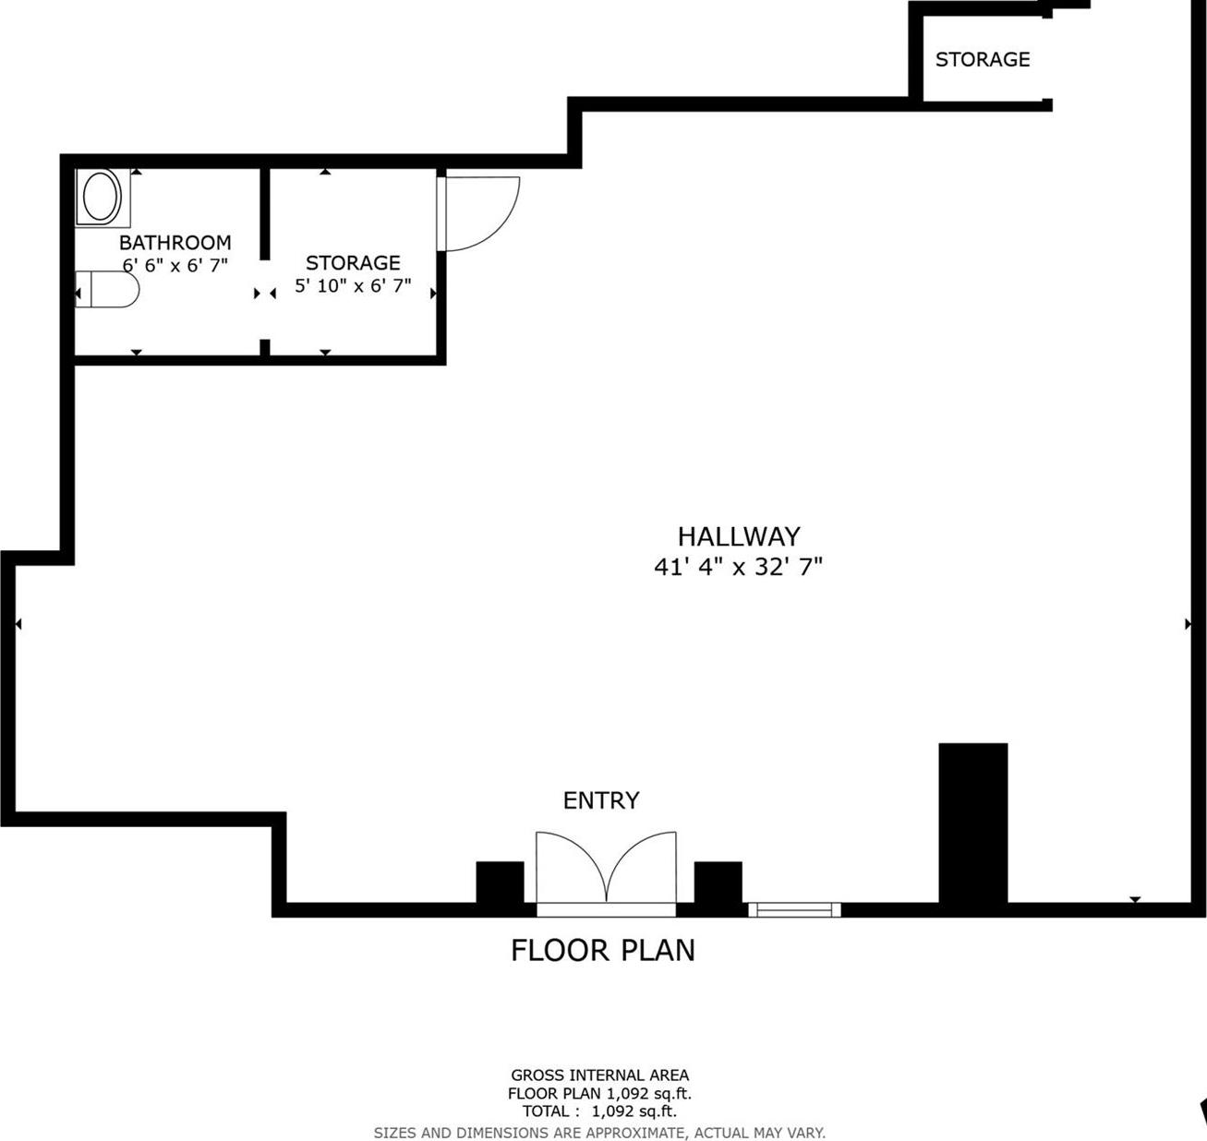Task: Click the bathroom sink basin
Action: click(x=102, y=197)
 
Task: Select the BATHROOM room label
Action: click(x=175, y=243)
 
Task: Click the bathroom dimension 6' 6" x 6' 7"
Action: click(x=175, y=265)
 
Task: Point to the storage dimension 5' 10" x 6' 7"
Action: click(x=353, y=286)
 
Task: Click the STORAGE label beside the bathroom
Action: click(x=353, y=263)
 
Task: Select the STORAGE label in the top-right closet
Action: click(x=982, y=60)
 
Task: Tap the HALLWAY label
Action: click(x=739, y=536)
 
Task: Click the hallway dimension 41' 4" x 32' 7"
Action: click(x=738, y=567)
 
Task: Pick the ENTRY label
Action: click(x=601, y=800)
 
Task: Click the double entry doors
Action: click(x=606, y=868)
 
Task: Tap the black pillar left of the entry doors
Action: click(x=500, y=883)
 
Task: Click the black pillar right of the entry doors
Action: click(x=718, y=883)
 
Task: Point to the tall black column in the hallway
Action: click(x=972, y=822)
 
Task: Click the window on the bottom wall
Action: click(x=794, y=910)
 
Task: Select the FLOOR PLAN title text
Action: click(x=603, y=950)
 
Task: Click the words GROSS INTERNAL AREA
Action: click(x=600, y=1075)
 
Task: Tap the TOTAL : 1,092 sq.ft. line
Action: click(x=599, y=1111)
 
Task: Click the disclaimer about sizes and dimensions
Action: click(x=599, y=1133)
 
